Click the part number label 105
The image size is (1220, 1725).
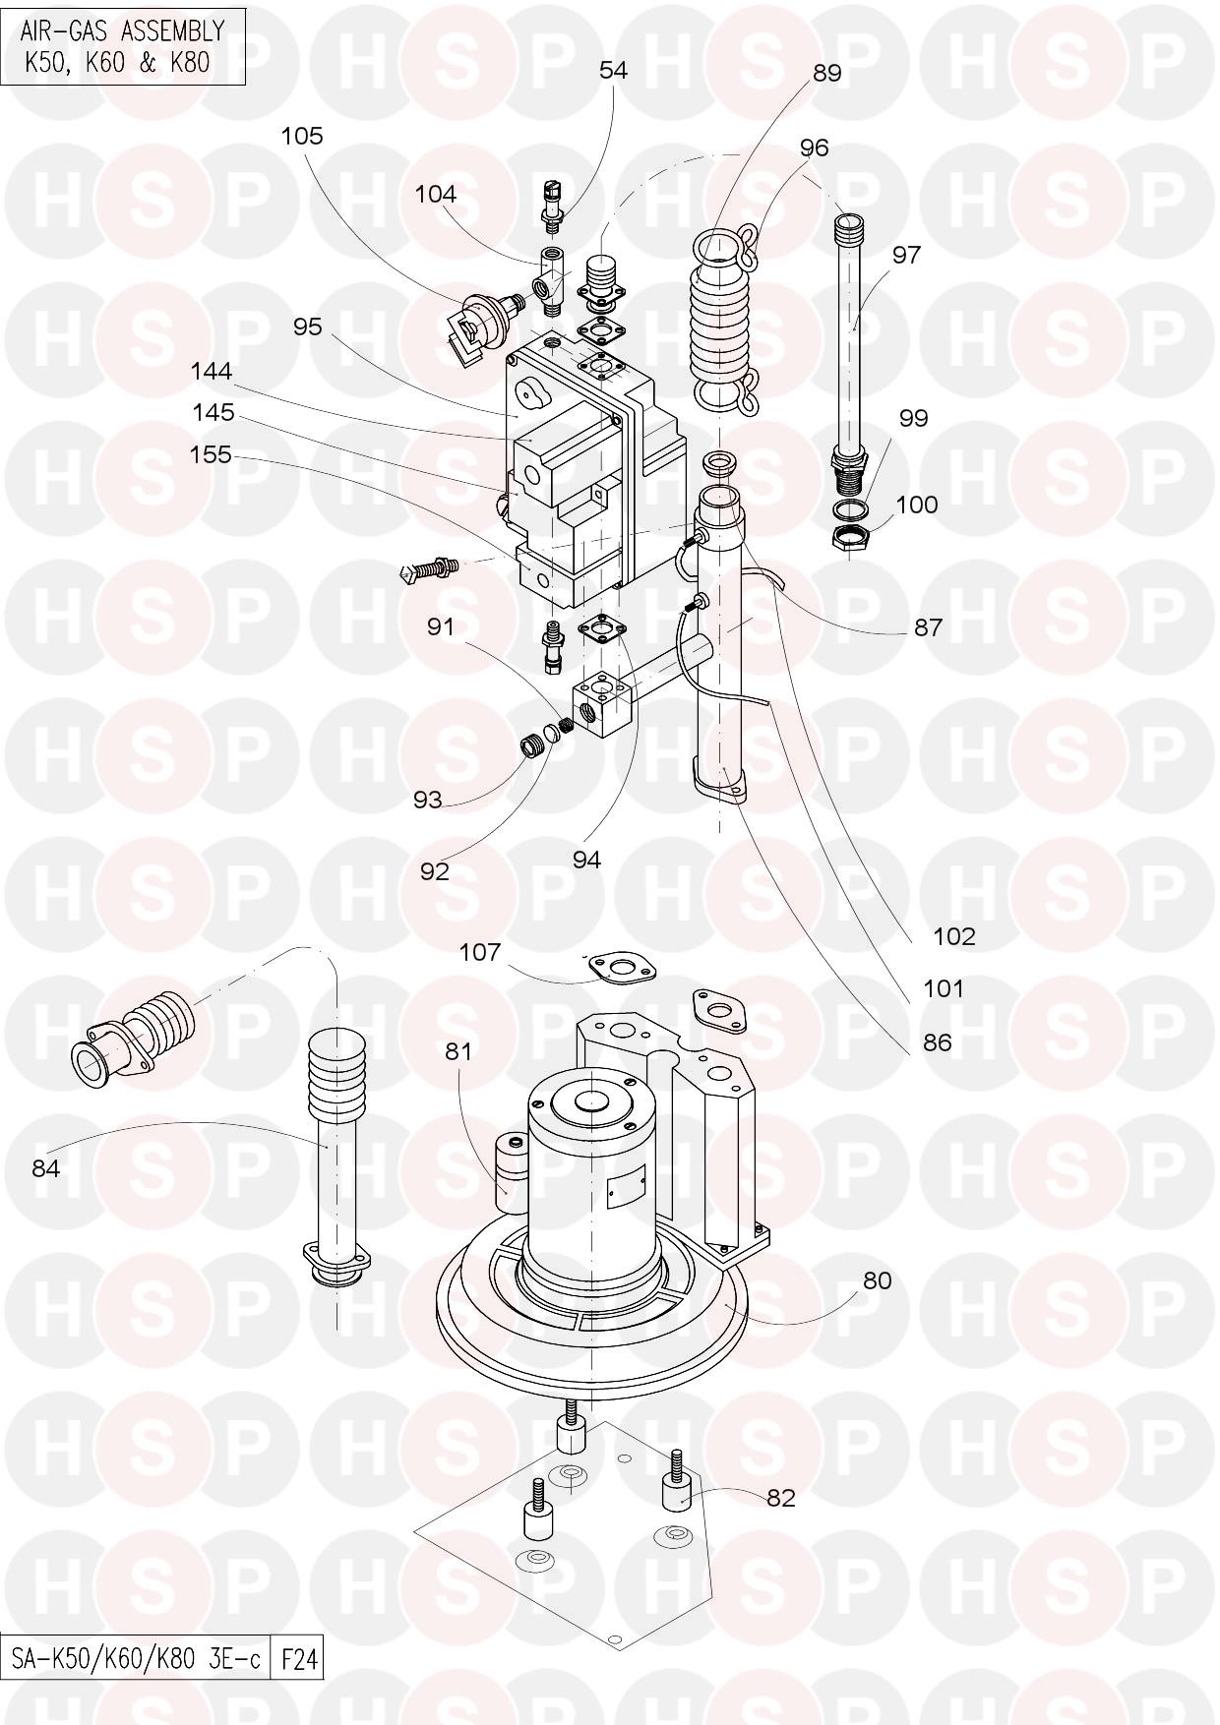pos(301,136)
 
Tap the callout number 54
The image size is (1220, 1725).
pos(613,71)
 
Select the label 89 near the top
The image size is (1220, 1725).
pos(826,74)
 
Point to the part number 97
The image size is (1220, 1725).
pos(906,255)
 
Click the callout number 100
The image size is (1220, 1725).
pos(916,505)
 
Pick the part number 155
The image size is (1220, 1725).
pos(211,454)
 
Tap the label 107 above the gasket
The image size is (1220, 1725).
pos(480,952)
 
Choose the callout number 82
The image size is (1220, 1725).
pos(781,1498)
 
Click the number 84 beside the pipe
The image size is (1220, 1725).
pos(46,1167)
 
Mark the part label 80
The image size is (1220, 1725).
pos(877,1280)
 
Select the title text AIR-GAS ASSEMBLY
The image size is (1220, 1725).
pos(122,32)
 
